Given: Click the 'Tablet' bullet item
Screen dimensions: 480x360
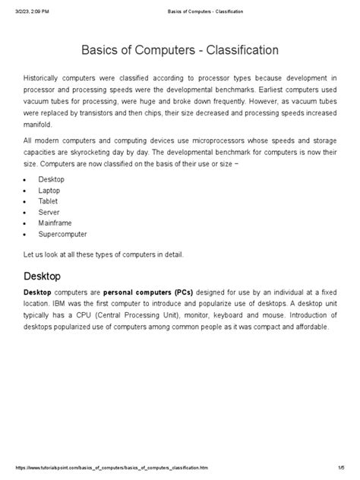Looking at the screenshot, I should coord(48,201).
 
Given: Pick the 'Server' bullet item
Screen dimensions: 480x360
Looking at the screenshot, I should coord(49,213).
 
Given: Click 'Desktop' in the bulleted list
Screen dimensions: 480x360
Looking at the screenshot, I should coord(51,179).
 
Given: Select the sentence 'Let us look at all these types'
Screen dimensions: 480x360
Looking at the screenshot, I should coord(103,254).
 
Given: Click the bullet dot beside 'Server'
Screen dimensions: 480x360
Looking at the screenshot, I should coord(27,213).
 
